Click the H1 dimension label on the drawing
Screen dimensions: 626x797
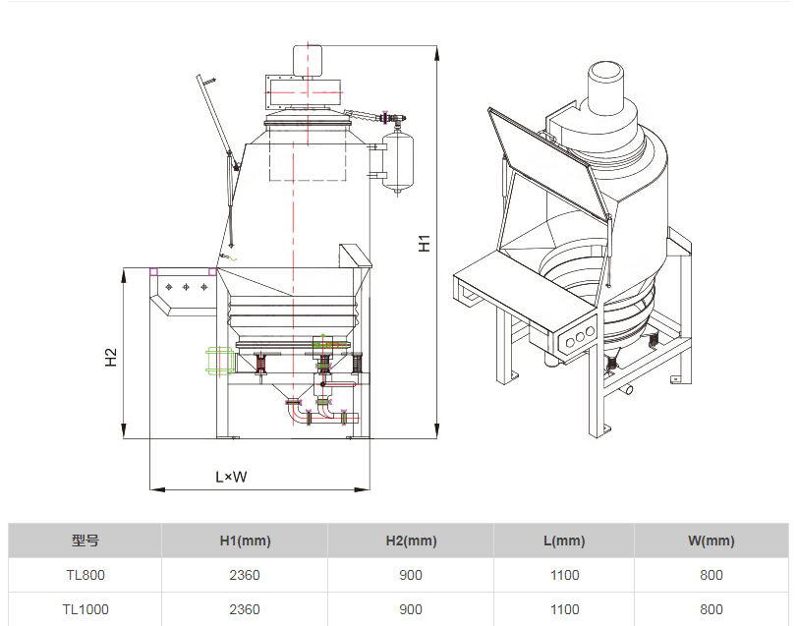coord(425,242)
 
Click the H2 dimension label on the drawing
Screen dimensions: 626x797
coord(111,358)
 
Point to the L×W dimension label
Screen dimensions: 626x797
coord(231,478)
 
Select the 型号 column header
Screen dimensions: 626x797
coord(85,541)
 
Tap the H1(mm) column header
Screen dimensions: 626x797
coord(245,541)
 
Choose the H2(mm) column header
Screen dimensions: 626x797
coord(411,541)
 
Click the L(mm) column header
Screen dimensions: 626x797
coord(564,541)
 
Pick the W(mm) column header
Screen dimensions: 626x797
coord(712,541)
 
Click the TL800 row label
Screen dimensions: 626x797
coord(85,575)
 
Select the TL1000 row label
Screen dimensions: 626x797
coord(85,609)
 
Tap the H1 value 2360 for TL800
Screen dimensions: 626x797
coord(245,575)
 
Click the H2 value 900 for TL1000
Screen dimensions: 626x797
coord(411,609)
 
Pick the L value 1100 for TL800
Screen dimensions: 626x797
coord(564,575)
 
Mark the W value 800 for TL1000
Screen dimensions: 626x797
coord(712,609)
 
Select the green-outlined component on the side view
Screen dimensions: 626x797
coord(217,360)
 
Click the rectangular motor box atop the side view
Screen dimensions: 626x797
coord(304,91)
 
